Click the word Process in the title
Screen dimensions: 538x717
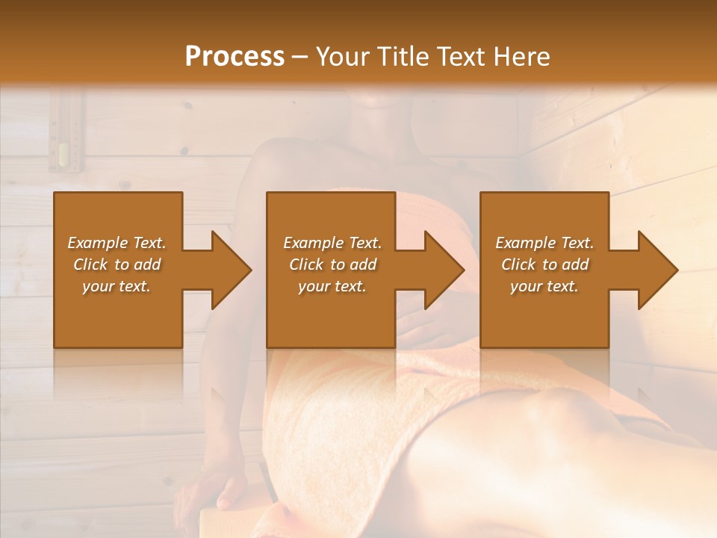pyautogui.click(x=235, y=57)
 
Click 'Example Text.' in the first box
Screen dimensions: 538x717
pyautogui.click(x=117, y=243)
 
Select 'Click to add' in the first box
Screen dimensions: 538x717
pyautogui.click(x=117, y=265)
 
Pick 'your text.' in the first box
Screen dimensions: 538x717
pyautogui.click(x=117, y=286)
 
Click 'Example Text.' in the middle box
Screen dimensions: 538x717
pyautogui.click(x=332, y=243)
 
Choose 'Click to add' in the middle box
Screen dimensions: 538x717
pyautogui.click(x=332, y=265)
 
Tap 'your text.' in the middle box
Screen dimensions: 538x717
pyautogui.click(x=332, y=286)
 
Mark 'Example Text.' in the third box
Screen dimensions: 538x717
pyautogui.click(x=544, y=243)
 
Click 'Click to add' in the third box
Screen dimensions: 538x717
pyautogui.click(x=544, y=265)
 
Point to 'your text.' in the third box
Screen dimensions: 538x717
pyautogui.click(x=544, y=286)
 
